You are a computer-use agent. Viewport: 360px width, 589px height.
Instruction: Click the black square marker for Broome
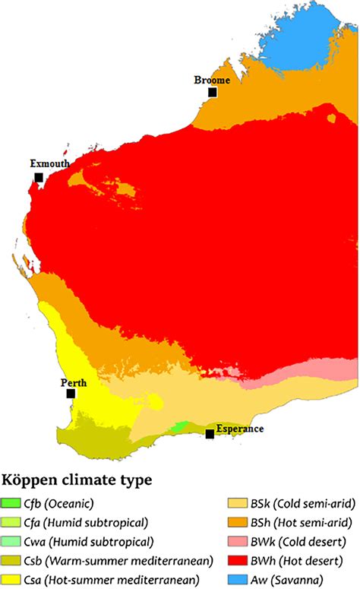point(213,92)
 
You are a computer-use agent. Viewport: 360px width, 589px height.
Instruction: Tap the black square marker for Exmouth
point(38,177)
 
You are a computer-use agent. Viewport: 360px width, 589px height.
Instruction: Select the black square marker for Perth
point(71,394)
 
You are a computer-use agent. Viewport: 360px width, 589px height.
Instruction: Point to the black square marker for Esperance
point(210,433)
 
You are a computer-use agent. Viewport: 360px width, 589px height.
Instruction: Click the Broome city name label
point(212,80)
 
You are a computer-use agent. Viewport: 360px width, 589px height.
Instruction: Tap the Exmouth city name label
point(50,163)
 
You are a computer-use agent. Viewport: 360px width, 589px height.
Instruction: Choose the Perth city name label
point(74,382)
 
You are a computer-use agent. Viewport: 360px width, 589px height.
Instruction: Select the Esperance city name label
point(239,429)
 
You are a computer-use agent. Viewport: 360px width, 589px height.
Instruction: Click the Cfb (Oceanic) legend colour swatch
point(11,503)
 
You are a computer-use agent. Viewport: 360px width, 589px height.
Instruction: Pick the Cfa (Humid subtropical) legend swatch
point(11,523)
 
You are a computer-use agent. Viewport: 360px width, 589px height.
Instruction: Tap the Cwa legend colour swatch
point(11,542)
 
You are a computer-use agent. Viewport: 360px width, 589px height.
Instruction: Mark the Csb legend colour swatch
point(11,561)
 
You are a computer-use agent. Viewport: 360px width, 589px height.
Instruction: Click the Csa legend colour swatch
point(11,580)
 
